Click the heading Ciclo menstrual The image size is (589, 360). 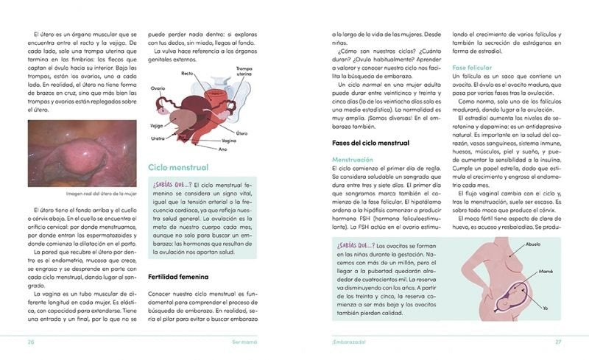click(x=177, y=168)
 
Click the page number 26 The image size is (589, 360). click(x=31, y=342)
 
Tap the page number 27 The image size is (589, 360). click(x=558, y=342)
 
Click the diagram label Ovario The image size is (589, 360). click(x=158, y=88)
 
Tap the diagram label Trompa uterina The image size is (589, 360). click(x=244, y=71)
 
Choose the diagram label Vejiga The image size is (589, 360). click(x=156, y=124)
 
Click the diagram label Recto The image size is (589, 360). click(x=188, y=74)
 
